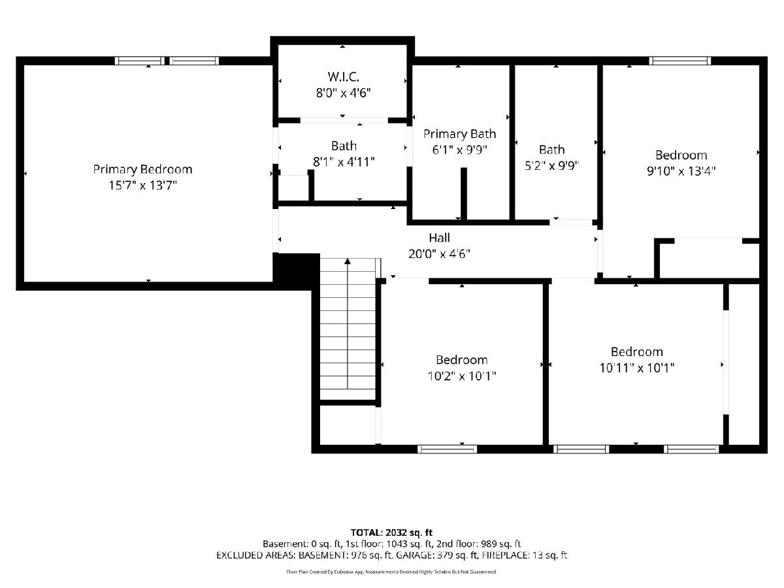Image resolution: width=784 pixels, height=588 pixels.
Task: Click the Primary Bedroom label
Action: [x=142, y=169]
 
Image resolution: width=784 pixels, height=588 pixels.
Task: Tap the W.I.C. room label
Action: [x=343, y=76]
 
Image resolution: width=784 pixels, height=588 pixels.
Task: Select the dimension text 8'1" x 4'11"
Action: [x=344, y=162]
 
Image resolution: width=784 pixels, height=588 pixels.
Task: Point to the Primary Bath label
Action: [x=460, y=134]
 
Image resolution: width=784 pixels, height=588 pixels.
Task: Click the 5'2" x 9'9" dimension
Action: [x=551, y=166]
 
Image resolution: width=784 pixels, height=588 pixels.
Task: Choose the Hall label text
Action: [x=439, y=238]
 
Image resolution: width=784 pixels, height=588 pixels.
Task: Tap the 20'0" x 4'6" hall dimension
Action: [x=439, y=254]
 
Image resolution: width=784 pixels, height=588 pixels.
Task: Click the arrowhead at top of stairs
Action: [x=348, y=261]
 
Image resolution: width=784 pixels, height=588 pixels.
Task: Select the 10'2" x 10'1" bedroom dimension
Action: [x=462, y=376]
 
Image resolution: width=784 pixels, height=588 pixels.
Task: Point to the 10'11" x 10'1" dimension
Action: [x=637, y=368]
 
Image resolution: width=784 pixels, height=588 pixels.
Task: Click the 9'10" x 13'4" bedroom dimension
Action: [x=681, y=171]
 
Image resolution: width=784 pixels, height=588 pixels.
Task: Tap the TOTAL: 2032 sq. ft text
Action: [x=391, y=532]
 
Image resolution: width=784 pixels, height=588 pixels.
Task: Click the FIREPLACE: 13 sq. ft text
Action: [x=525, y=555]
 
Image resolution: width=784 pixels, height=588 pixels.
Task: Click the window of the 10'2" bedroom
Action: [x=447, y=449]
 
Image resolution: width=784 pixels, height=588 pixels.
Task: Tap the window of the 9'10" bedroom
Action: [x=679, y=61]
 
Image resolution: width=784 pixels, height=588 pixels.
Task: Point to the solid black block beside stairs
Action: [x=296, y=272]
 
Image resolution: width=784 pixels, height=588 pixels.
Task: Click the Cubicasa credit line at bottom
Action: [x=391, y=572]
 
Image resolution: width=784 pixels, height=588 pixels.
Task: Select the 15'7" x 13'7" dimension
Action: [x=143, y=186]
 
